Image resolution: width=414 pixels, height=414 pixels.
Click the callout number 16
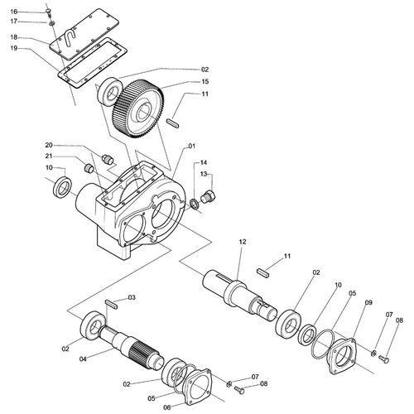(x=14, y=12)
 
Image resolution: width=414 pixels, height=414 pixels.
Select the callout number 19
(x=14, y=48)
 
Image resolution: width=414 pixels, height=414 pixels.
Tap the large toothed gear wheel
(x=138, y=108)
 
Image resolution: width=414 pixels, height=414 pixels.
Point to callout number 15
(x=205, y=82)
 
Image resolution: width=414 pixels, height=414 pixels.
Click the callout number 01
(x=191, y=146)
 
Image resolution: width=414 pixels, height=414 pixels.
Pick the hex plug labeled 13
(x=209, y=196)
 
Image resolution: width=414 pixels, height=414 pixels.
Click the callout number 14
(x=204, y=162)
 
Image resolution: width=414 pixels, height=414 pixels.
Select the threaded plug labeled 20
(x=108, y=160)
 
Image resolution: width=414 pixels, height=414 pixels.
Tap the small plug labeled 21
(x=89, y=168)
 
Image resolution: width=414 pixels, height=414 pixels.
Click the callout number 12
(x=243, y=242)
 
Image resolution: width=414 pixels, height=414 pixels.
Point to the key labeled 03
(x=112, y=305)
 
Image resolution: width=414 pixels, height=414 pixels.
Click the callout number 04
(x=83, y=359)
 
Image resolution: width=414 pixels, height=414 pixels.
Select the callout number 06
(x=167, y=407)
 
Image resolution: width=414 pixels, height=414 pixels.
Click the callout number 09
(x=368, y=302)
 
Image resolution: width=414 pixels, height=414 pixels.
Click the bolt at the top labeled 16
(x=49, y=12)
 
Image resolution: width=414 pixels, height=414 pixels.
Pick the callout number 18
(x=14, y=37)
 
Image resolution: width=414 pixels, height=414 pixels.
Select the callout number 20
(x=49, y=145)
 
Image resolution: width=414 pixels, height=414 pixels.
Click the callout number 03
(x=132, y=297)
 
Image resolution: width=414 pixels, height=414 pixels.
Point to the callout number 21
(x=49, y=156)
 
